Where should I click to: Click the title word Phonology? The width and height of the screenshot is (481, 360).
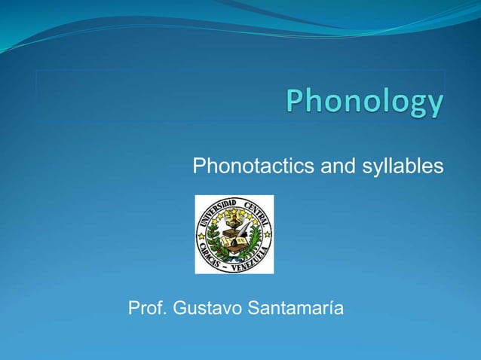tap(364, 102)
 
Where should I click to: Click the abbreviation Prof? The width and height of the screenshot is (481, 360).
tap(147, 309)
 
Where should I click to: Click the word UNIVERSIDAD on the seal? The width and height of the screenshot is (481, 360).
tap(219, 208)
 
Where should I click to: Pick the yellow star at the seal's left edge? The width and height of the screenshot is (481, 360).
tap(201, 235)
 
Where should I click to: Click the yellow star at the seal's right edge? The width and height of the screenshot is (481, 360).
tap(267, 235)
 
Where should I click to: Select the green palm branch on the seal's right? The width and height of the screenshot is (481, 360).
tap(255, 241)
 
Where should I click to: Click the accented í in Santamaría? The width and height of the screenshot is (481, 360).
tap(331, 309)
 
